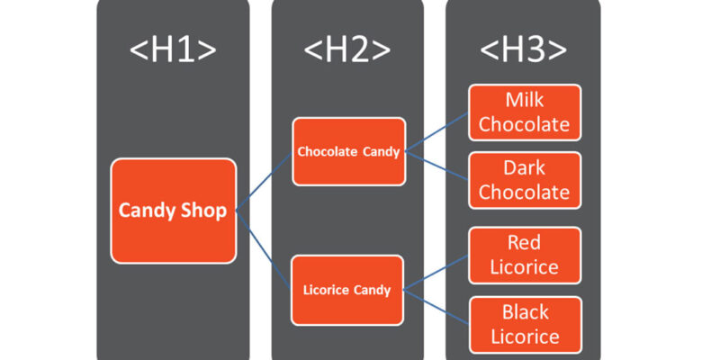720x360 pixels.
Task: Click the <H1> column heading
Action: pos(174,50)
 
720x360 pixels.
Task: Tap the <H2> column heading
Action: pos(348,50)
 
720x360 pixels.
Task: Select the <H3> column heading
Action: pos(523,50)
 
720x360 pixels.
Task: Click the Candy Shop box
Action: pos(174,211)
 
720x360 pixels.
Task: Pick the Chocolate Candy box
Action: pos(348,151)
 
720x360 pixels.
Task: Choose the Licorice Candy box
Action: pos(348,290)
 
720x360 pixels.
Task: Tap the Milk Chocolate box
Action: pos(524,112)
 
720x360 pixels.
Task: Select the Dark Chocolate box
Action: pos(524,180)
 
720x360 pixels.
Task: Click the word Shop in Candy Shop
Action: pos(203,211)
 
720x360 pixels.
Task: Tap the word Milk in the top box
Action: pos(524,100)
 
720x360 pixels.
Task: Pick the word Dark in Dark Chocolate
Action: pos(524,168)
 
